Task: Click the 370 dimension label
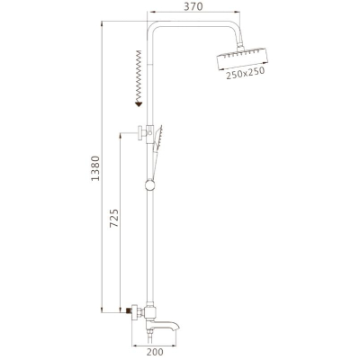click(x=193, y=6)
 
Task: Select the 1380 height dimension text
click(x=95, y=168)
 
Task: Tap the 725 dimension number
click(x=114, y=218)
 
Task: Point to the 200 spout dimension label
click(x=155, y=352)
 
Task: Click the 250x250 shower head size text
click(x=246, y=74)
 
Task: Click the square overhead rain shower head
click(x=241, y=59)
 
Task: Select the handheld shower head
click(x=157, y=138)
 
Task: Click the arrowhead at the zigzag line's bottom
click(x=139, y=104)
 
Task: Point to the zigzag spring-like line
click(x=139, y=76)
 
